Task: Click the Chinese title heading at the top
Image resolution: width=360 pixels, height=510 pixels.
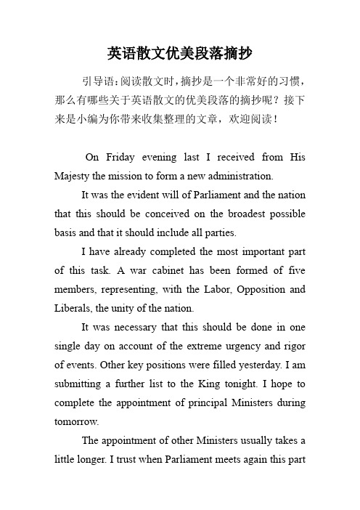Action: (x=180, y=53)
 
